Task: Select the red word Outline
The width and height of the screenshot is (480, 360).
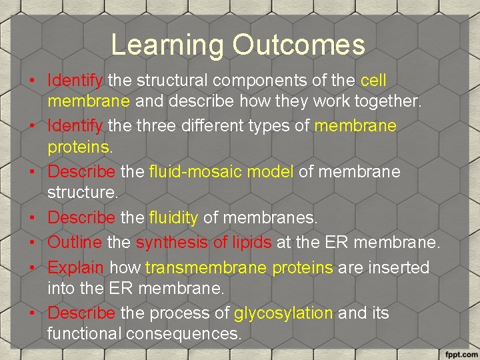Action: (x=74, y=241)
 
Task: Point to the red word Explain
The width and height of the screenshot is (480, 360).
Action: (x=75, y=268)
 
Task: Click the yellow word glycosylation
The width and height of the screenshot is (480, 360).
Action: (x=283, y=313)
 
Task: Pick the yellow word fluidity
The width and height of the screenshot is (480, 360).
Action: (x=173, y=217)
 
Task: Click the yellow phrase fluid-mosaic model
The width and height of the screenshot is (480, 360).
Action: (x=221, y=172)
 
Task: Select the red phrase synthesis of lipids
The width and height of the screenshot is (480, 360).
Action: (x=203, y=241)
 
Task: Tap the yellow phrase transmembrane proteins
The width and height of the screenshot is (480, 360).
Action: (x=239, y=268)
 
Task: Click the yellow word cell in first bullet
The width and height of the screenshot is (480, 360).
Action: (x=373, y=81)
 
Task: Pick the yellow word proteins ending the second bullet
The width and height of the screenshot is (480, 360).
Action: (x=78, y=147)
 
